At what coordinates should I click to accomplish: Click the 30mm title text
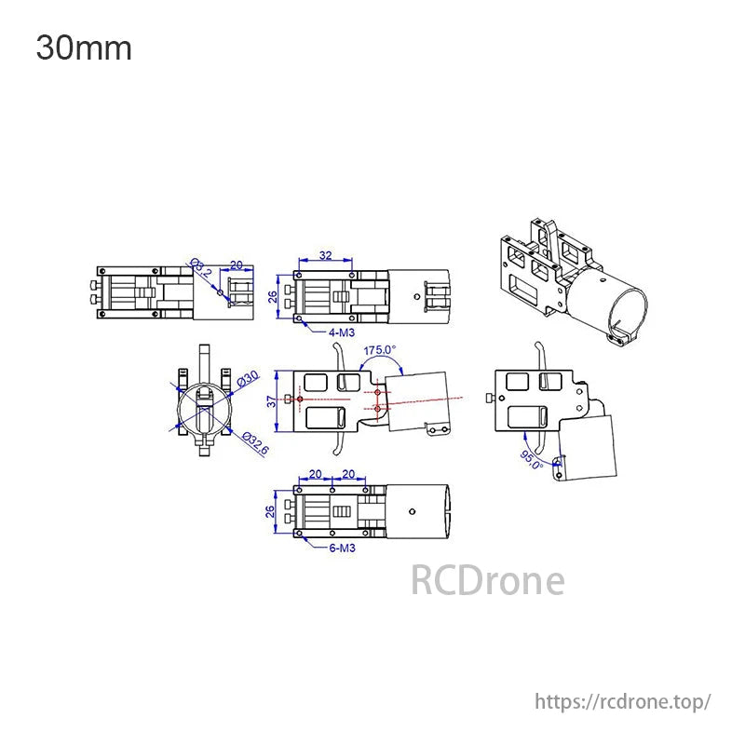[84, 48]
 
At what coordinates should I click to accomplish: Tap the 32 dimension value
[325, 255]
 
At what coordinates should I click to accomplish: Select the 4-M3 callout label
[342, 332]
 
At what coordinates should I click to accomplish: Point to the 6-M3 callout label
[342, 548]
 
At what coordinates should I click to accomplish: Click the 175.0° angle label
[380, 350]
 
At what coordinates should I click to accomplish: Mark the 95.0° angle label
[532, 459]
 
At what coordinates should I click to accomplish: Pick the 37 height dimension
[271, 401]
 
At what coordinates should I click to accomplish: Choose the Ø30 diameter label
[248, 378]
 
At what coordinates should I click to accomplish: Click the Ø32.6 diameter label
[255, 443]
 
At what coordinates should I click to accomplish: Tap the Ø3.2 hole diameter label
[200, 267]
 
